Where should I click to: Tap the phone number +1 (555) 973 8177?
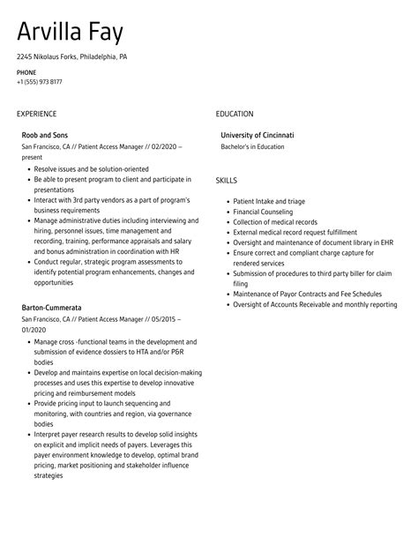point(39,82)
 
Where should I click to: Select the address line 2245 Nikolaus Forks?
point(71,56)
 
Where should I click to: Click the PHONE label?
point(26,72)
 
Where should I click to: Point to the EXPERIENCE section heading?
point(36,114)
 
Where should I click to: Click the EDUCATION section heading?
point(235,114)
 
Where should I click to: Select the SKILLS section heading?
point(227,180)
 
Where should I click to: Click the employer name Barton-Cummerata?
point(51,308)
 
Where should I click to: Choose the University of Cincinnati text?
point(258,135)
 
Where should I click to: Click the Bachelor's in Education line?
point(252,146)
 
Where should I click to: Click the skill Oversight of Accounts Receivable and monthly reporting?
point(315,304)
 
